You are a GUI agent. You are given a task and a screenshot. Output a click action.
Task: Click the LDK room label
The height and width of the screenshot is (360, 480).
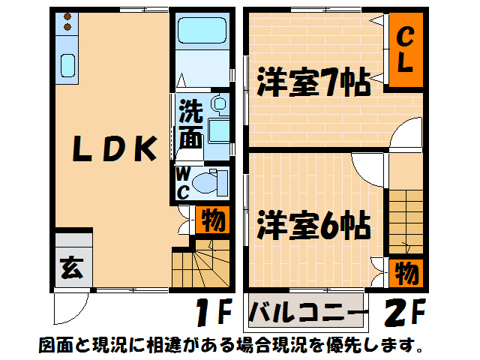(x=115, y=148)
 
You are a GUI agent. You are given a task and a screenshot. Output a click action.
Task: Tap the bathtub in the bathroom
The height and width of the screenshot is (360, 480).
(x=202, y=30)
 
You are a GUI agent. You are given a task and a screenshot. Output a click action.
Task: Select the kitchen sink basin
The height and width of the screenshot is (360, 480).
(x=67, y=65)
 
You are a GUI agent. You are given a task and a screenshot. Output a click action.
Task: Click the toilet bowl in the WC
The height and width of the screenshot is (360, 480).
(x=204, y=183)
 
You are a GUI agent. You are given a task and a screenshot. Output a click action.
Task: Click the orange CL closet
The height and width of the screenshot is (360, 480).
(x=406, y=49)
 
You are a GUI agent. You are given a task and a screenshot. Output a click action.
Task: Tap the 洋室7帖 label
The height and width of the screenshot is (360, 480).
(x=313, y=82)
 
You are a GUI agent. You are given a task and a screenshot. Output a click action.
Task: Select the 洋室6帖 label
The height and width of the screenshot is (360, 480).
(x=313, y=225)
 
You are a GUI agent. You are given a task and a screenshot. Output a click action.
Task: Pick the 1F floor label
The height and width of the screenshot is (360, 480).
(x=214, y=312)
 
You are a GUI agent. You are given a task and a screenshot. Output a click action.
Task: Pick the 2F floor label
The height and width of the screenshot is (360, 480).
(x=405, y=312)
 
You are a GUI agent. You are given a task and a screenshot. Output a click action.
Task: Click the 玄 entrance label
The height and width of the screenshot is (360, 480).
(x=72, y=268)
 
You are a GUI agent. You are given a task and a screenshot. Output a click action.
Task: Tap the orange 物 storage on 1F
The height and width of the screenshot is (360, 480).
(x=213, y=220)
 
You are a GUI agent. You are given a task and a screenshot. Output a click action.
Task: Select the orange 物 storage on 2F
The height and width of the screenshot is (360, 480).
(x=406, y=273)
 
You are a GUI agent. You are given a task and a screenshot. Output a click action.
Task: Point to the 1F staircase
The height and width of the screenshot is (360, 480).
(x=201, y=263)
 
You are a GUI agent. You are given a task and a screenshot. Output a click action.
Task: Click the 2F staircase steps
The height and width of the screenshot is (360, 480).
(x=406, y=222)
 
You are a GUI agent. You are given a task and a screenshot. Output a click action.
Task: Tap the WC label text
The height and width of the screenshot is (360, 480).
(x=183, y=184)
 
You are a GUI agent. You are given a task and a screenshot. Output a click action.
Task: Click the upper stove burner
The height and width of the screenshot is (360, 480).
(x=67, y=16)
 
